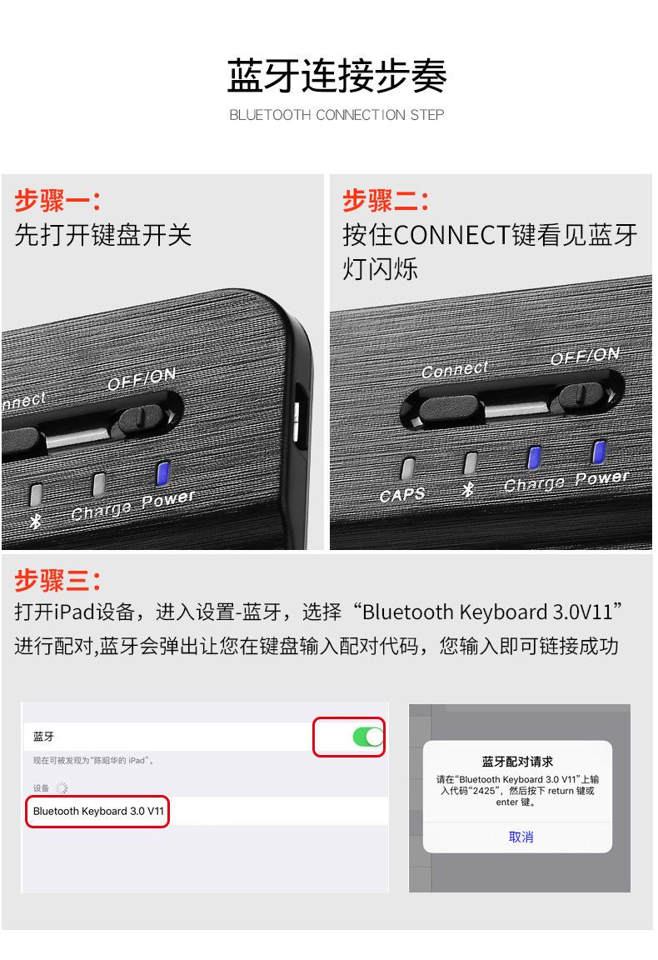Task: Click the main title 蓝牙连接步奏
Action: (336, 77)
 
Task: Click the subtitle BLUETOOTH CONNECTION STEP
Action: (336, 115)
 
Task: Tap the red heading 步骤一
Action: (57, 201)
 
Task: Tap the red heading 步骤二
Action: (385, 201)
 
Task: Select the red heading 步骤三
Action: (57, 580)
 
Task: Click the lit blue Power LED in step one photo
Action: (164, 472)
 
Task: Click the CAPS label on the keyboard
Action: (402, 495)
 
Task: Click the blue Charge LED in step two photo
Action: (535, 457)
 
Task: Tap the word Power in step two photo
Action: (601, 478)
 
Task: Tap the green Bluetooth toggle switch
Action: (367, 737)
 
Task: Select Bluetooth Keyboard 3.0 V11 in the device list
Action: (97, 811)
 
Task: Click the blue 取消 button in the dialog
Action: (521, 837)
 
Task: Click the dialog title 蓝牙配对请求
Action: (517, 762)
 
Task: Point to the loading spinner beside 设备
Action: (62, 787)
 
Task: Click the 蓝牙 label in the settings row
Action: (44, 737)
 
